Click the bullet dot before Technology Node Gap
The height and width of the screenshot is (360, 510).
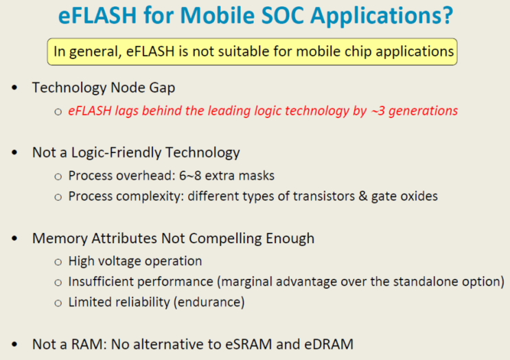[15, 89]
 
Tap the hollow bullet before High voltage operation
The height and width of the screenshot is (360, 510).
[58, 262]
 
